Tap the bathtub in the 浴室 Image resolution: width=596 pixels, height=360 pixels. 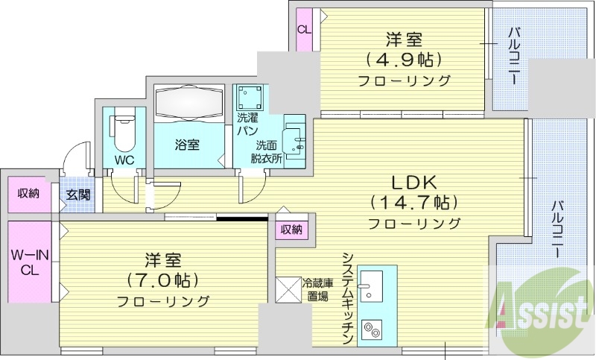click(x=188, y=102)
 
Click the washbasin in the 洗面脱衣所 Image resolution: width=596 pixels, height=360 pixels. click(x=296, y=134)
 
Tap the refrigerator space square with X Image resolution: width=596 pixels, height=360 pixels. click(x=288, y=289)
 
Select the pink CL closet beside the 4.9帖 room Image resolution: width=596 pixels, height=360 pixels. click(x=304, y=30)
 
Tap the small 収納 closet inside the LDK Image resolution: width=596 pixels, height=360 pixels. click(x=291, y=230)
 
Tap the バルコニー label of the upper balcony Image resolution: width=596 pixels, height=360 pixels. click(x=513, y=56)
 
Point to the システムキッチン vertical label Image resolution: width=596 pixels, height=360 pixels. click(x=346, y=299)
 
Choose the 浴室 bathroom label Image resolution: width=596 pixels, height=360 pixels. click(x=188, y=145)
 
